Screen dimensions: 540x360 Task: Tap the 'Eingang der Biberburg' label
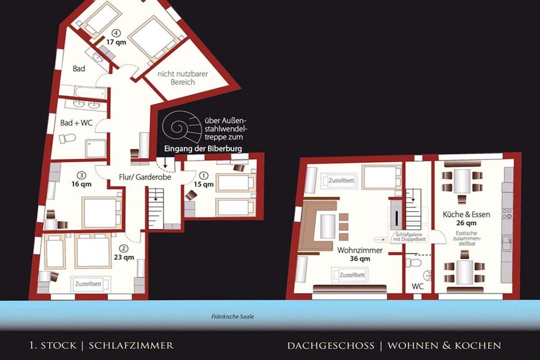(203, 149)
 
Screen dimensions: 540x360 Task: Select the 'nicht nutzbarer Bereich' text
(182, 78)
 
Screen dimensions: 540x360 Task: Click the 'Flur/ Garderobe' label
(145, 177)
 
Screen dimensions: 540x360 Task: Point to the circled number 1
(204, 176)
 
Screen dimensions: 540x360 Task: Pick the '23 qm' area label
(124, 257)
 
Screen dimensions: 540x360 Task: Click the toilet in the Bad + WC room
(67, 138)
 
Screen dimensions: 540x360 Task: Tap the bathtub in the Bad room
(91, 92)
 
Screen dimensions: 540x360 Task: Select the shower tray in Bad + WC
(95, 149)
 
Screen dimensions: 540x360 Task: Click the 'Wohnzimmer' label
(360, 250)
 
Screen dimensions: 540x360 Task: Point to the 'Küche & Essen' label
(466, 215)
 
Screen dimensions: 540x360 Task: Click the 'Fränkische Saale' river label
(233, 317)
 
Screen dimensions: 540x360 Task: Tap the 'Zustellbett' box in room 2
(91, 285)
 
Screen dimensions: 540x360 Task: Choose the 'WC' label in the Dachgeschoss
(418, 286)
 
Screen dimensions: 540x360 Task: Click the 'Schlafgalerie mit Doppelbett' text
(409, 237)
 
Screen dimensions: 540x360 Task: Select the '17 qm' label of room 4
(116, 42)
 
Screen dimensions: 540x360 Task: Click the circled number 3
(81, 175)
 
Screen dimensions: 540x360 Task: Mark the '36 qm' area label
(360, 259)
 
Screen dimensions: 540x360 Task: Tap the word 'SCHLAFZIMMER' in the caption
(131, 346)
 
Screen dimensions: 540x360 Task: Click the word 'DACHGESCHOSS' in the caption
(331, 346)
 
